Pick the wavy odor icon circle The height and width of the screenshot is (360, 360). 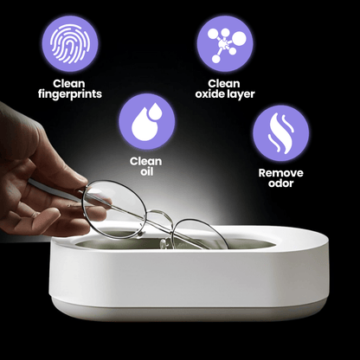pos(280,133)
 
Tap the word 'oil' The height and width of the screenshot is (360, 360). pos(145,173)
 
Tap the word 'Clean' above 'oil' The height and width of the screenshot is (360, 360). pos(145,161)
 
